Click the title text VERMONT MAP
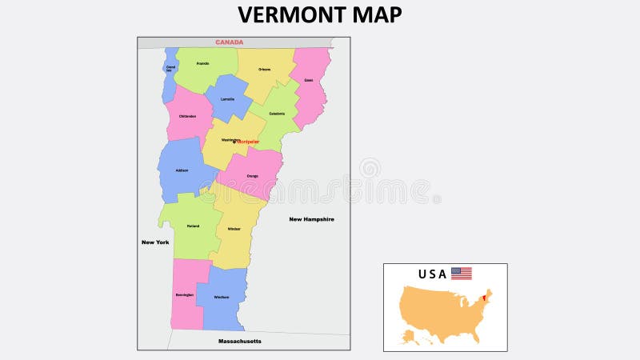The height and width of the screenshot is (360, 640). [319, 15]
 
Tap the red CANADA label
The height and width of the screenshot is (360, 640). [230, 42]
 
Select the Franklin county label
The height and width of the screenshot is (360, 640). [202, 62]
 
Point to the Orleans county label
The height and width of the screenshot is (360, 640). [264, 70]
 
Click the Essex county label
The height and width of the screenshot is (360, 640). [308, 80]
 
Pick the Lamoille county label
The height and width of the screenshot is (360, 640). [228, 99]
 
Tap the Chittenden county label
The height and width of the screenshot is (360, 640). [187, 116]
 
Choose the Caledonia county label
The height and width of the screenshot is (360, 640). [277, 114]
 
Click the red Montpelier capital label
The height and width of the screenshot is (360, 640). [249, 142]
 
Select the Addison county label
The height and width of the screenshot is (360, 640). [182, 170]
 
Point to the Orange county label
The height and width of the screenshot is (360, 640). [252, 176]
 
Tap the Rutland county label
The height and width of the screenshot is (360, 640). [193, 226]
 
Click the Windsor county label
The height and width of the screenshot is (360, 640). [234, 229]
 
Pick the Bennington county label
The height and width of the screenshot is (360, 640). [184, 295]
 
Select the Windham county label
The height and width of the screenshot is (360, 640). [222, 298]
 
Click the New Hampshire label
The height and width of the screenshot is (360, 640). [311, 219]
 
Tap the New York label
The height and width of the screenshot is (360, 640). [155, 242]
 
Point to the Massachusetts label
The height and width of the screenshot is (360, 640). [239, 342]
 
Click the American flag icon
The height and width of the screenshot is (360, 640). [462, 274]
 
